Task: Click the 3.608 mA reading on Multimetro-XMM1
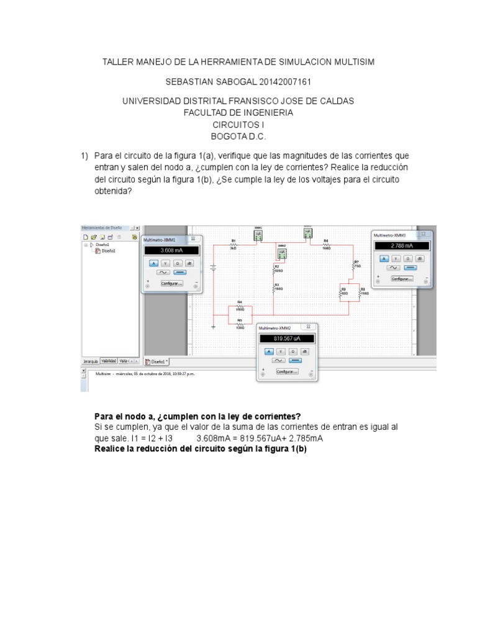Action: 171,250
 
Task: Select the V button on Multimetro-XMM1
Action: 165,263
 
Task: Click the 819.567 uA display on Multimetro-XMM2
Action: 286,338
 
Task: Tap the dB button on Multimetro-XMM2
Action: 306,351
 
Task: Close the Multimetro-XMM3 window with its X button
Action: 424,234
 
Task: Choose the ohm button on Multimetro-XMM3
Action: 407,258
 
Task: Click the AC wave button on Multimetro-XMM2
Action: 279,360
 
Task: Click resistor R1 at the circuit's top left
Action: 234,244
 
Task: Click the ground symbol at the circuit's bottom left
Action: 214,325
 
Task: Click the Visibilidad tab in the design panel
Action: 109,361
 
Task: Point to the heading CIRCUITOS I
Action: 238,124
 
